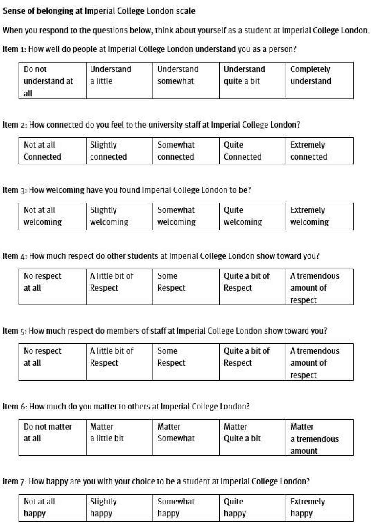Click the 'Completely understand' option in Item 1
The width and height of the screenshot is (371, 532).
319,80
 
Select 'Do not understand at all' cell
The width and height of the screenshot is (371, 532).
52,80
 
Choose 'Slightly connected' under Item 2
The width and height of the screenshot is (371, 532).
119,151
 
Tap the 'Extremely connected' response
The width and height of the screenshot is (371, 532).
319,151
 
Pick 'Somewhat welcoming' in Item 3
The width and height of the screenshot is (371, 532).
186,216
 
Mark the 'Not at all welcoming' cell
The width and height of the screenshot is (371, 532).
52,216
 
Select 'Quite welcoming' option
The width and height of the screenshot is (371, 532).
252,216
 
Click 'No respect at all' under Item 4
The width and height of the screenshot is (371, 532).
52,287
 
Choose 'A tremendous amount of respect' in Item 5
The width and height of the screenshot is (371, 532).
319,362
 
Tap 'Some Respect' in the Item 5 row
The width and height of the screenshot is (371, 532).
186,362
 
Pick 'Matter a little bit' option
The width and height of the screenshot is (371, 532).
119,437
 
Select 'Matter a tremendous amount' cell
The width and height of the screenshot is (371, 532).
319,437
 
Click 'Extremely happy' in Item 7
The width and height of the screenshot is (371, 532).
319,508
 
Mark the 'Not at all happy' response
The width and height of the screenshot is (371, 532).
52,508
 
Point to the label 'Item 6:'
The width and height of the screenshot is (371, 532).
15,406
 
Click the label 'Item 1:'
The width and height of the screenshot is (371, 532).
14,49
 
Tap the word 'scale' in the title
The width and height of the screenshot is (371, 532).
186,11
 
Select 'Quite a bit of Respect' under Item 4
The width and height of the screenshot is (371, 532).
252,287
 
